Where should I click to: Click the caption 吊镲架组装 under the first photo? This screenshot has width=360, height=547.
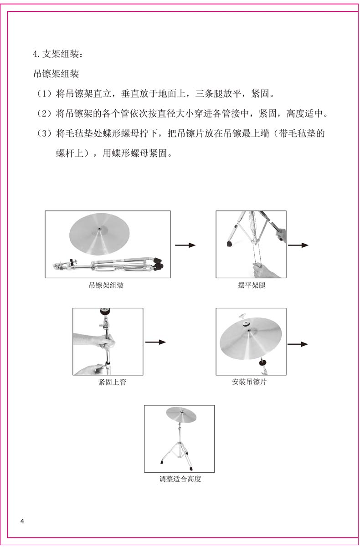pos(107,286)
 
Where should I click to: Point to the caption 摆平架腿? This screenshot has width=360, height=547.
pos(251,286)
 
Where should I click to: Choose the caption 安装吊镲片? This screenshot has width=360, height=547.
pos(251,382)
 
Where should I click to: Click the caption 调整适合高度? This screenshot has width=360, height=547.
pos(180,479)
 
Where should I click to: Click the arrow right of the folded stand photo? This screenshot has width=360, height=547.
pos(185,245)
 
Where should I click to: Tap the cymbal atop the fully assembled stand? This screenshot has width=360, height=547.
pos(180,415)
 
